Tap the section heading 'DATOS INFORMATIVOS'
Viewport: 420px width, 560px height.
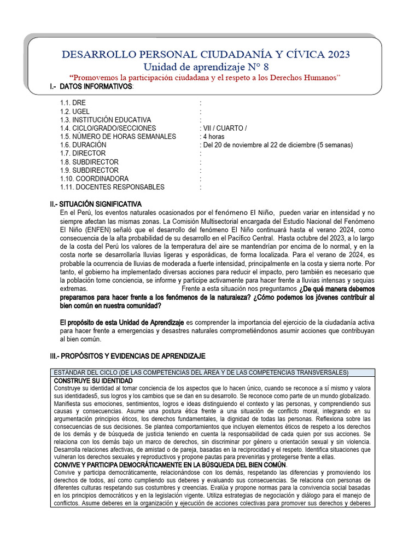[x=96, y=86]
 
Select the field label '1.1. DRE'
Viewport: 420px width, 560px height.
[x=73, y=103]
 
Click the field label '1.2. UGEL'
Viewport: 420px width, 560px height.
[x=75, y=112]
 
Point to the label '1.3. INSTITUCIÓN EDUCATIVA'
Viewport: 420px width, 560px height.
[x=106, y=120]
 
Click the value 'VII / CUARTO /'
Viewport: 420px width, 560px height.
[x=224, y=128]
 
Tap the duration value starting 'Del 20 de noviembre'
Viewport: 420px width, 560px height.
[x=277, y=145]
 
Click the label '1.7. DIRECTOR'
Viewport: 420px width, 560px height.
[x=83, y=154]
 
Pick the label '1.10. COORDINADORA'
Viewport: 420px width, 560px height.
[x=94, y=179]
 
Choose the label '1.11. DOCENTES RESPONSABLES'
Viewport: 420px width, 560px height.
[x=112, y=187]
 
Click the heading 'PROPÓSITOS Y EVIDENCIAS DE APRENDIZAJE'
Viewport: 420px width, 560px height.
[x=135, y=356]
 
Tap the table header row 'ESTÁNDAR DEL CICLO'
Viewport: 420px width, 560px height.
[x=201, y=372]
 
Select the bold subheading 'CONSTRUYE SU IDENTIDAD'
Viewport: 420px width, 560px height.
[x=93, y=380]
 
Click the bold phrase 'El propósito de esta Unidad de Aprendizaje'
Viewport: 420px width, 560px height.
[x=123, y=323]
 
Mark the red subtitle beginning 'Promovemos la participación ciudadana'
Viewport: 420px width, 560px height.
[x=205, y=77]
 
